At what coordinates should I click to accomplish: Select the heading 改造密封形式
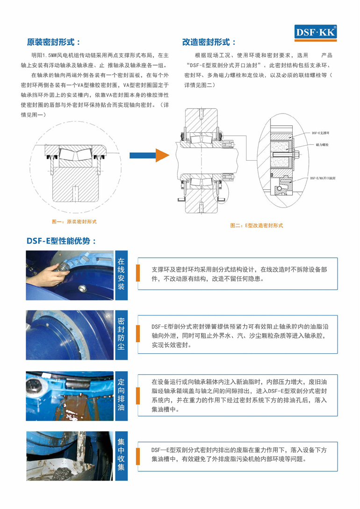tap(209, 42)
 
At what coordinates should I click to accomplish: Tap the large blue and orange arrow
tap(148, 155)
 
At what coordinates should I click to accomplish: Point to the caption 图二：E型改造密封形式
tap(257, 225)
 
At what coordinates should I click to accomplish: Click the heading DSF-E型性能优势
tap(61, 241)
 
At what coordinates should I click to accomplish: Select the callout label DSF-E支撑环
tap(320, 133)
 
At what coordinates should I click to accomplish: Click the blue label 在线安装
tap(121, 274)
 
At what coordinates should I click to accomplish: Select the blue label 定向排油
tap(121, 394)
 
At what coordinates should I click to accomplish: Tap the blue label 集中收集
tap(121, 454)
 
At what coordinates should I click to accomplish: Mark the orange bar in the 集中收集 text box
tap(138, 454)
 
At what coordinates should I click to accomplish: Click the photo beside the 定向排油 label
tap(70, 394)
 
